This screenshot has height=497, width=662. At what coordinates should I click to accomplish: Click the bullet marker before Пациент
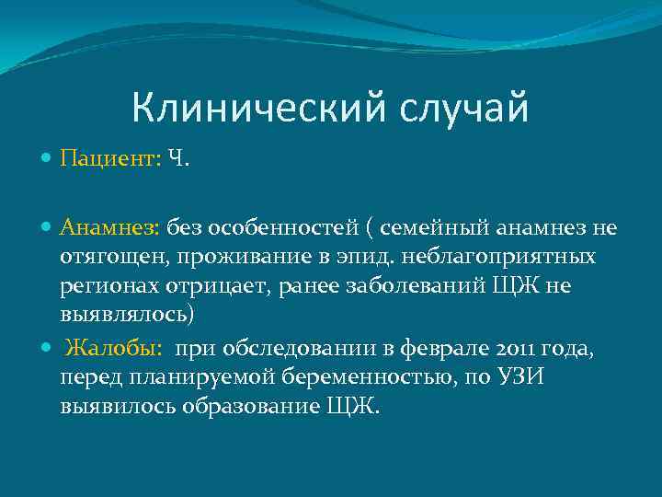tap(47, 159)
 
